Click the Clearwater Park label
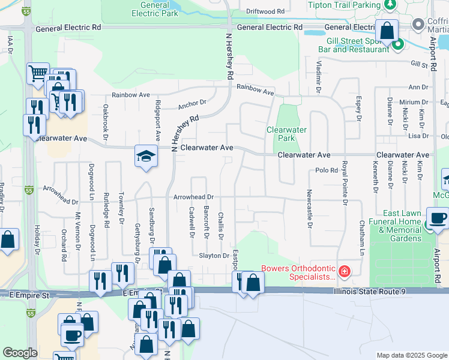[x=287, y=134]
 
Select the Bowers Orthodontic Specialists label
[x=298, y=272]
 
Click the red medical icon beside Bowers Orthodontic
[x=343, y=272]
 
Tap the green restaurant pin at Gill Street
[x=397, y=44]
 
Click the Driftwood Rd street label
[x=265, y=11]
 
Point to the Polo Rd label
[x=327, y=170]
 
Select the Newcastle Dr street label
[x=309, y=209]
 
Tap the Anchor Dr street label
[x=191, y=104]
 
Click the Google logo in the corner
[x=20, y=353]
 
